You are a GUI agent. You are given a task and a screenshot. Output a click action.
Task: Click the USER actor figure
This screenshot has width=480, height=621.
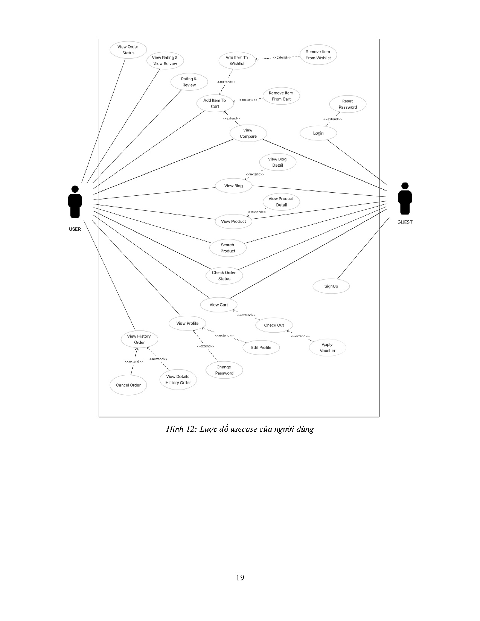click(75, 202)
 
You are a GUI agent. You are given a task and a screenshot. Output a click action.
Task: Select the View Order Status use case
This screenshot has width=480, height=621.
click(128, 50)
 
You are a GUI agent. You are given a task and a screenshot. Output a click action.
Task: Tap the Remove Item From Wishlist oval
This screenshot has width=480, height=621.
click(318, 55)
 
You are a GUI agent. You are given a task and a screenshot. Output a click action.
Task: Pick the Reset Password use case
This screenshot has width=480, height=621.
click(347, 104)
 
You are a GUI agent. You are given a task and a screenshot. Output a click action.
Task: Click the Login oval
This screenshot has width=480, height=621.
click(318, 133)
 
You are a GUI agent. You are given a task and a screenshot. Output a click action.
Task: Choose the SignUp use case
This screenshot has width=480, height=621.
click(331, 286)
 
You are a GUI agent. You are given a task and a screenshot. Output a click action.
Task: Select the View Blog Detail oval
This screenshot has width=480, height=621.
click(278, 162)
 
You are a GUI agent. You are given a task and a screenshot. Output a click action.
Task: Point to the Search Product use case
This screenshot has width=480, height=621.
click(228, 248)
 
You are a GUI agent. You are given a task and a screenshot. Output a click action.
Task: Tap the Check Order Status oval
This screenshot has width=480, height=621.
click(224, 276)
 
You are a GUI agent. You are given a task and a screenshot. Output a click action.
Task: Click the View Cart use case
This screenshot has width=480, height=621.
click(219, 305)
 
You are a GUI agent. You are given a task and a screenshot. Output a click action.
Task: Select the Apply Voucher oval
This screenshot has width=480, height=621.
click(327, 347)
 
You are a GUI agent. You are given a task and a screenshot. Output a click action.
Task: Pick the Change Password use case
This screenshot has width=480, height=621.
click(224, 370)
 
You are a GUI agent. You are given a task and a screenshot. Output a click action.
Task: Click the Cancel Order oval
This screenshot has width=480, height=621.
click(128, 385)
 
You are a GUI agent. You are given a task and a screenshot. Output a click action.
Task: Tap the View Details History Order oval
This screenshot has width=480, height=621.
click(178, 380)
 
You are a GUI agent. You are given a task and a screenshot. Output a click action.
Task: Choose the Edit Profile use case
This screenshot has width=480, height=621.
click(261, 348)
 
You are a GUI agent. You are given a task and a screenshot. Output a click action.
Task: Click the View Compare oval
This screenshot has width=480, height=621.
click(248, 134)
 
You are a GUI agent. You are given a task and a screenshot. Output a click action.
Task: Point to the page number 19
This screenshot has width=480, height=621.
click(240, 578)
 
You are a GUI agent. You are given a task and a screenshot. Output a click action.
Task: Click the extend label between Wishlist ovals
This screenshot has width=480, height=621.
click(281, 58)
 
